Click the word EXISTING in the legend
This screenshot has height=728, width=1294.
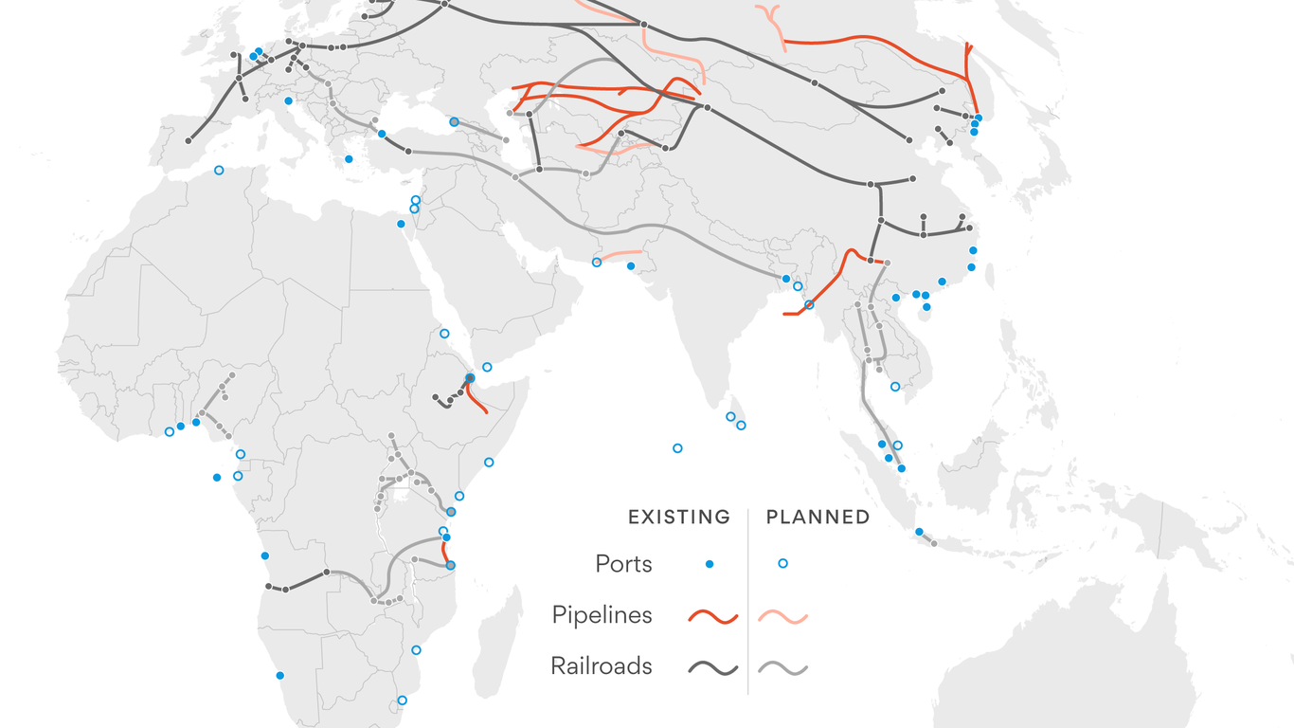point(679,518)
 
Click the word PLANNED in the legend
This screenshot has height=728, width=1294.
point(818,518)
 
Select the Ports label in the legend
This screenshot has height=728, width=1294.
point(623,564)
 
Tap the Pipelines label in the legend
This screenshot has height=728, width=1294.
point(602,615)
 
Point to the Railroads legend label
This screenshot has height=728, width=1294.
point(602,666)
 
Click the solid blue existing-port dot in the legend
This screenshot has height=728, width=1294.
point(710,564)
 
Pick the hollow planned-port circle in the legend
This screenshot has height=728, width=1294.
point(782,564)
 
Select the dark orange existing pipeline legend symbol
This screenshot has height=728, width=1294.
point(712,617)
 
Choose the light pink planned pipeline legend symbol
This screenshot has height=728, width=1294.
point(782,617)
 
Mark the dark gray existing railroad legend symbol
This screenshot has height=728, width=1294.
point(712,668)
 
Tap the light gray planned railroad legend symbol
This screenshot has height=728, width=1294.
point(782,668)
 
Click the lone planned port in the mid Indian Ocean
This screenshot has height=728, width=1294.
point(677,448)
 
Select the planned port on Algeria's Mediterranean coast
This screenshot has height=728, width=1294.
point(219,171)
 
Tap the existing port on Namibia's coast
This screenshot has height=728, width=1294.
point(279,675)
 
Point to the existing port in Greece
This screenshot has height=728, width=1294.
point(349,159)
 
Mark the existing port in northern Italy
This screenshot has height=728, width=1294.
point(288,100)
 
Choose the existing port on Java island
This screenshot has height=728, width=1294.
point(919,532)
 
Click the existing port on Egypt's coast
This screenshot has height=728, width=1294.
point(401,224)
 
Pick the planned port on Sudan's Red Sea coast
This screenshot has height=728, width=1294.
point(444,334)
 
